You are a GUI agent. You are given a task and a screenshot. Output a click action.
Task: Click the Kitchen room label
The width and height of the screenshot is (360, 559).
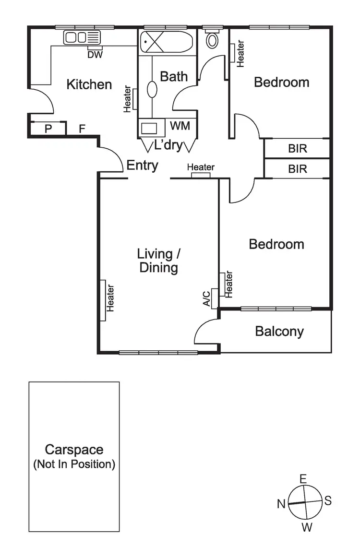tap(89, 84)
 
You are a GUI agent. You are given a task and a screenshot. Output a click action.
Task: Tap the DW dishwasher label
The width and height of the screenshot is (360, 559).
tap(95, 54)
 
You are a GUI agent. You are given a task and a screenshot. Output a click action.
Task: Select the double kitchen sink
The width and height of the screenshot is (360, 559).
tap(82, 37)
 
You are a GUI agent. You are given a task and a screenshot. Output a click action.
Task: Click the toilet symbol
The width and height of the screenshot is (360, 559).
tap(212, 40)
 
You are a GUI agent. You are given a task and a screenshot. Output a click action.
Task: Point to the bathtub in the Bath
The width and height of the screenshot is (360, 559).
tap(166, 42)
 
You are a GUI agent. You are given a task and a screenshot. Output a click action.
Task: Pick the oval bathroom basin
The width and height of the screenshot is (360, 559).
tap(152, 89)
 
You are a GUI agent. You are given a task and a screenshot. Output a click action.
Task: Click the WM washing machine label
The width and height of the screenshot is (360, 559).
tap(180, 126)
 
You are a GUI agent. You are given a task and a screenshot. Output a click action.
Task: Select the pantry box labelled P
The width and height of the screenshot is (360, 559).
tap(48, 129)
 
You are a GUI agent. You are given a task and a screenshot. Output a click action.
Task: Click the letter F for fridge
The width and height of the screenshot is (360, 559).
tap(82, 129)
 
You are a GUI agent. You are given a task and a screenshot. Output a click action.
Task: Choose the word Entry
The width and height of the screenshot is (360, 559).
tap(142, 166)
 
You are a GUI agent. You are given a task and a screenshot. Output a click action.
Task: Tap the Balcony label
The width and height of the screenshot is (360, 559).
tap(279, 331)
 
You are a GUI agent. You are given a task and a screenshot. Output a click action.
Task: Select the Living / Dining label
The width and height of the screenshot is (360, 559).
tap(158, 261)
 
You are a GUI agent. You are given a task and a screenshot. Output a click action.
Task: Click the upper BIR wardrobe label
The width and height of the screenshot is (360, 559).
tap(297, 148)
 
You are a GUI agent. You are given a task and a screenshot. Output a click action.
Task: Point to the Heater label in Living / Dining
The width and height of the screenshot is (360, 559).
tap(110, 298)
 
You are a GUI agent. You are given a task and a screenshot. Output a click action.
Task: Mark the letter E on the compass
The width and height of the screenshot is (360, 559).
tap(303, 478)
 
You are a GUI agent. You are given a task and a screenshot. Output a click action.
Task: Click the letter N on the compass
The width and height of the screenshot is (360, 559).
tap(281, 503)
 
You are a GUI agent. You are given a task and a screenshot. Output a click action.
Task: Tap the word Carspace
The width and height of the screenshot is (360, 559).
tap(74, 450)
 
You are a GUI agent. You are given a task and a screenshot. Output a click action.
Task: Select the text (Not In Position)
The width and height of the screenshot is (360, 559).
tap(74, 464)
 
